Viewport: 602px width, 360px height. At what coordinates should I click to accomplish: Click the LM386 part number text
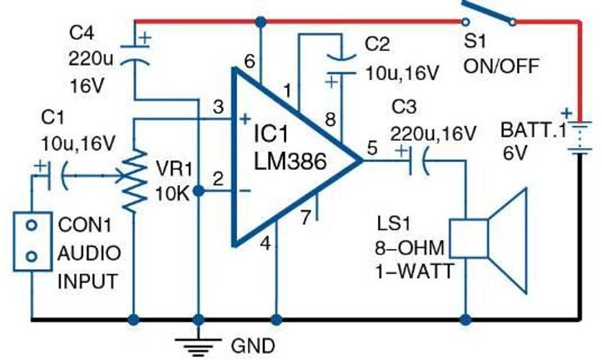[290, 161]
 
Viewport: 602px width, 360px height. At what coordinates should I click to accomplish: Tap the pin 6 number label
[250, 61]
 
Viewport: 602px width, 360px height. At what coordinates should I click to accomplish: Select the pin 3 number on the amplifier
[218, 107]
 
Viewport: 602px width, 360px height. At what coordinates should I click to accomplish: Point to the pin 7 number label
[305, 217]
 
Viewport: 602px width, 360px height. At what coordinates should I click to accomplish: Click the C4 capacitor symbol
[135, 55]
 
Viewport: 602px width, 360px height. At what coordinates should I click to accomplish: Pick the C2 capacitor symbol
[341, 66]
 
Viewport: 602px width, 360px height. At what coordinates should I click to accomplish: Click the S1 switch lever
[488, 12]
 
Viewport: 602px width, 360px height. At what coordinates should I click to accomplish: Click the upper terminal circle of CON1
[32, 225]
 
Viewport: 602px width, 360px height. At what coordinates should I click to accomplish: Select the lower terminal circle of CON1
[32, 256]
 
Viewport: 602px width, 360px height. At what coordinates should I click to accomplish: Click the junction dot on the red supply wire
[261, 22]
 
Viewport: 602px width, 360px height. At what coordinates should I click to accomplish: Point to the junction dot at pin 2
[198, 191]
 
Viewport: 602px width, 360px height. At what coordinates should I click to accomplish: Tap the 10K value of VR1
[172, 194]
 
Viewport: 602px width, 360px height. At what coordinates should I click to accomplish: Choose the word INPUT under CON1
[88, 282]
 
